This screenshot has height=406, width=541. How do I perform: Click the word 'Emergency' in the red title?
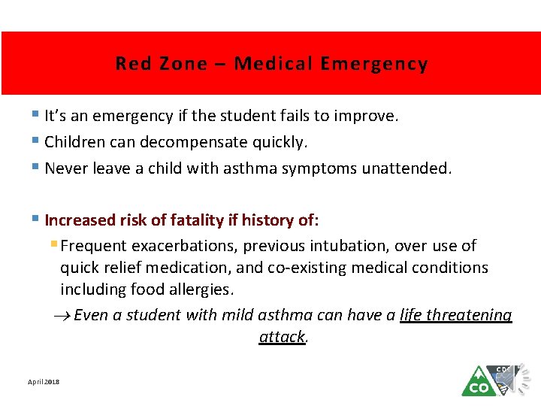(373, 64)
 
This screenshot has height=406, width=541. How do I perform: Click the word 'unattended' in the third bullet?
(405, 168)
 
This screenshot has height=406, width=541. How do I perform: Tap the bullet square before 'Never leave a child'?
(38, 168)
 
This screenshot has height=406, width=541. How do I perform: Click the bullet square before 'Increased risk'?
(38, 220)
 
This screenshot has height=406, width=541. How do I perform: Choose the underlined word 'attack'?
(282, 337)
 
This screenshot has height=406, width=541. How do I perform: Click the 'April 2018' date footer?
(44, 382)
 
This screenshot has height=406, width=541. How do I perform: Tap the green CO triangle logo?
(478, 383)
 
